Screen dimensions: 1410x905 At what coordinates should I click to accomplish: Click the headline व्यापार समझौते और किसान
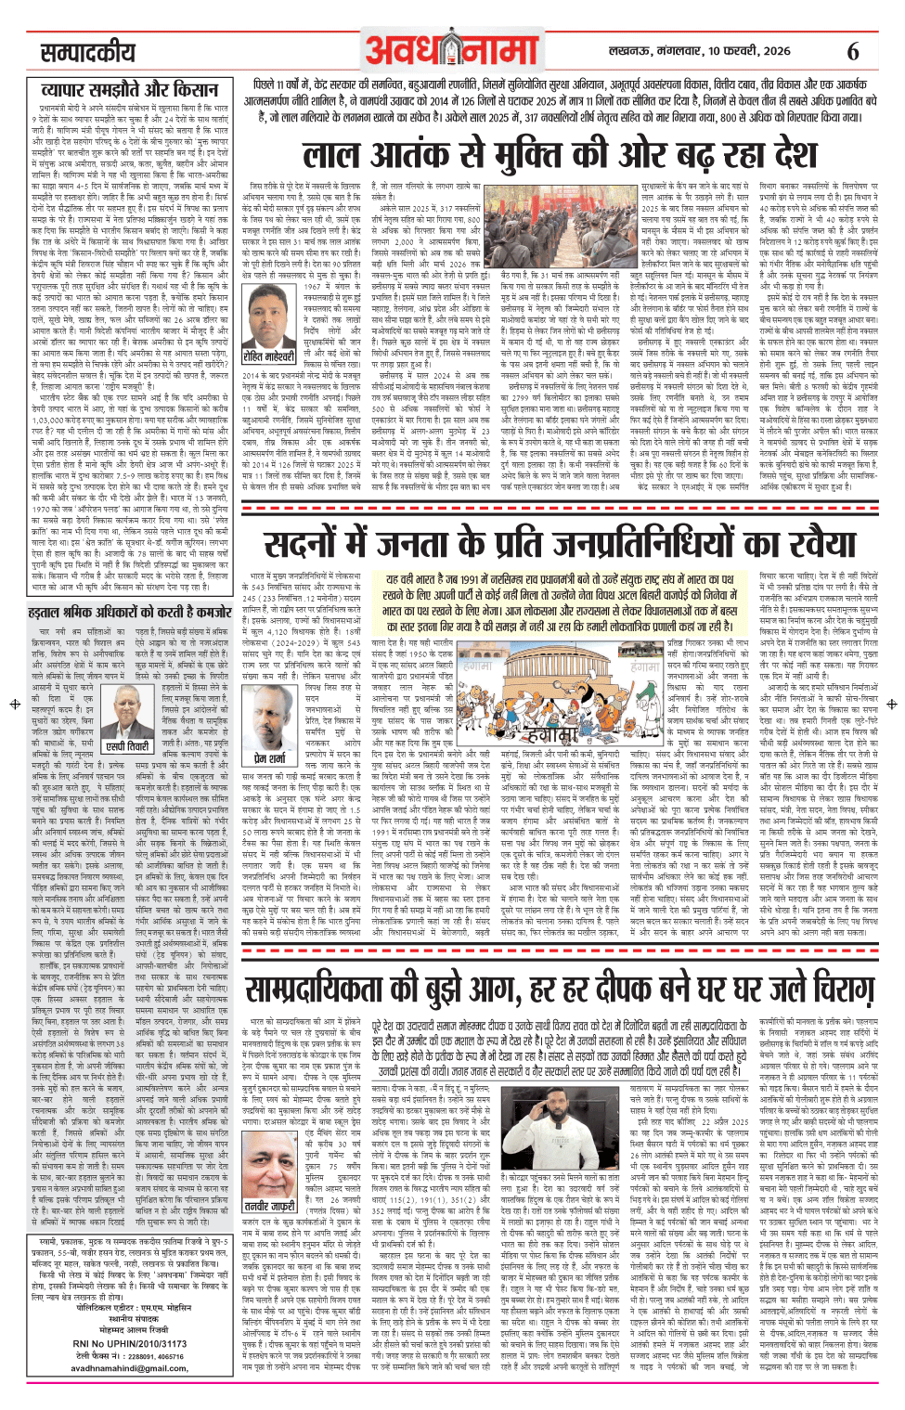click(x=130, y=90)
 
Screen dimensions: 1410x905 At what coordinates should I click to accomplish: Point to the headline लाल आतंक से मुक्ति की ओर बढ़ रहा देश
click(x=561, y=155)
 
